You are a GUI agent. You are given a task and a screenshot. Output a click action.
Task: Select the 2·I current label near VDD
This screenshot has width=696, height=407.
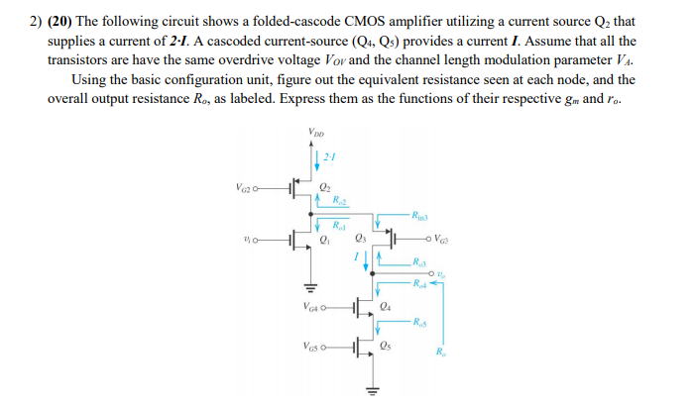[x=330, y=157]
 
